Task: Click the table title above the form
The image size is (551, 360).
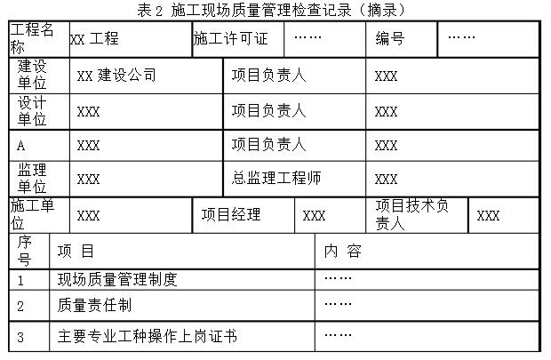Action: click(271, 10)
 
